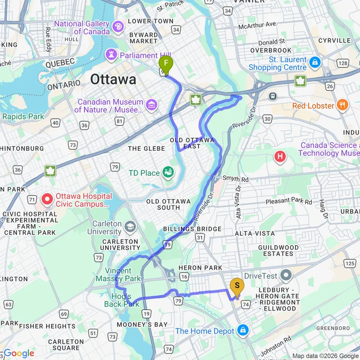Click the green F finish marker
[166, 63]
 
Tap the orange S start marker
[237, 287]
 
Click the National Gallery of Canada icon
[118, 27]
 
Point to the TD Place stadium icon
[168, 171]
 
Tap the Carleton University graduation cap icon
[130, 226]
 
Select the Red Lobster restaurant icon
[342, 105]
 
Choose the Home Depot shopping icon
[243, 330]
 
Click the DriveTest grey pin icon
[287, 275]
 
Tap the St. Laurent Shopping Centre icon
[314, 62]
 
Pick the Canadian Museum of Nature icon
[152, 104]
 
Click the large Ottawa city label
[113, 79]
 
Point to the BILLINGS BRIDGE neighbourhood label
[192, 229]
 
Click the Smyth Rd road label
[238, 180]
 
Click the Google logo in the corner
[18, 353]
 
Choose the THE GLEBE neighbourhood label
[147, 148]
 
